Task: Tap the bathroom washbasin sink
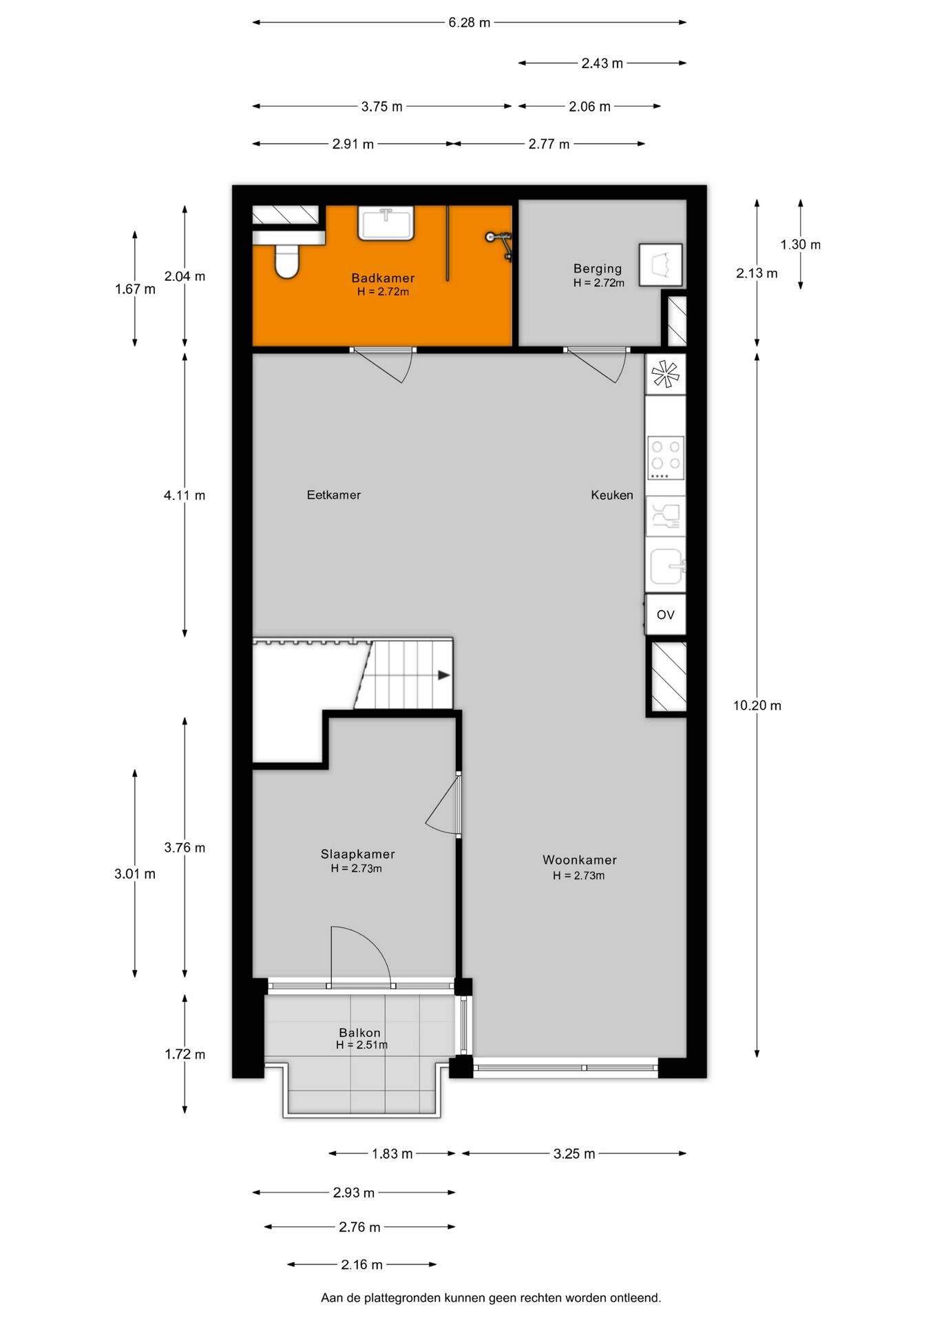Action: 386,223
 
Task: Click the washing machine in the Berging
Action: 660,264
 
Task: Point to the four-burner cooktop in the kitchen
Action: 666,457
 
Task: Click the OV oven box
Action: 665,614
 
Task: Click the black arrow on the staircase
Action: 444,675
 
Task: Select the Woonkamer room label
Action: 579,859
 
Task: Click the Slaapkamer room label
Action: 357,854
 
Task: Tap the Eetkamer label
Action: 333,494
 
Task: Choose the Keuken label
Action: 611,494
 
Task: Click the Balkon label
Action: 359,1032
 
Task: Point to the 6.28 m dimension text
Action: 470,23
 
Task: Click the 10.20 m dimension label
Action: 757,705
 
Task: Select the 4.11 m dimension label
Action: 185,494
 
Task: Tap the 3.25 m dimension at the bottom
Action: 574,1153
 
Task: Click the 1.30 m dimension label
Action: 800,244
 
